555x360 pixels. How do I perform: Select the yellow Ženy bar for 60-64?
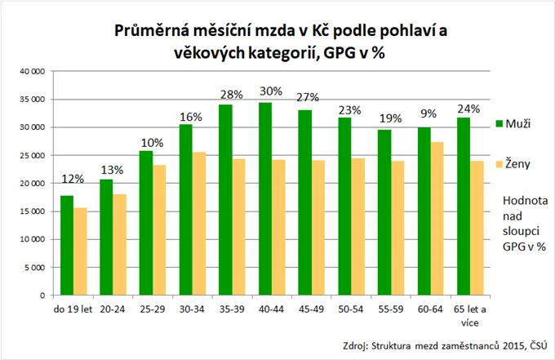437,219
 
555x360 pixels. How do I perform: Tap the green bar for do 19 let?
67,246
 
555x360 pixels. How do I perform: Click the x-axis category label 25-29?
151,310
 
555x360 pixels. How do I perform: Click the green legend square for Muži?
499,124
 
